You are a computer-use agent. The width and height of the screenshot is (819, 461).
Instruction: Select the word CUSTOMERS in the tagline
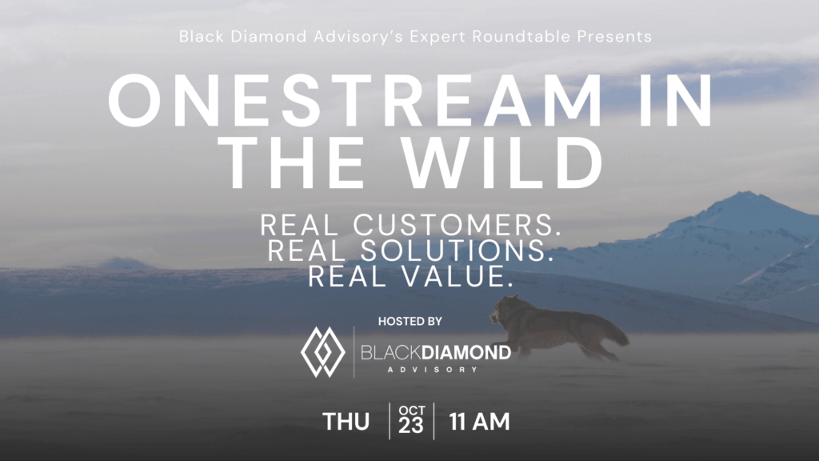pos(457,225)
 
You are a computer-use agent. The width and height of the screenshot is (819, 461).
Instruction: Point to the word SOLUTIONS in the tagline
pos(457,251)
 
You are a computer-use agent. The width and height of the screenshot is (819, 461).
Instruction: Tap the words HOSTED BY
pos(410,321)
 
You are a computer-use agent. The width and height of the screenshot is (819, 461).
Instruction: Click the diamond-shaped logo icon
pos(323,352)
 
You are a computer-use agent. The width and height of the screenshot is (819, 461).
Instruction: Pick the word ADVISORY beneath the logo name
pos(433,370)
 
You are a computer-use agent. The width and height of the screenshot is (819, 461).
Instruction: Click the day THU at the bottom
pos(346,422)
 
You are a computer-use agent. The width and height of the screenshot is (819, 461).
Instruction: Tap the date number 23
pos(410,426)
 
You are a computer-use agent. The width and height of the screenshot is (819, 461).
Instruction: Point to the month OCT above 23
pos(412,411)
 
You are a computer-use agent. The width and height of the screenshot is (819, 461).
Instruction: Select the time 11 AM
pos(480,422)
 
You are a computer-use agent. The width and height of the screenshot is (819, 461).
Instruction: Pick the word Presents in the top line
pos(614,37)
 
